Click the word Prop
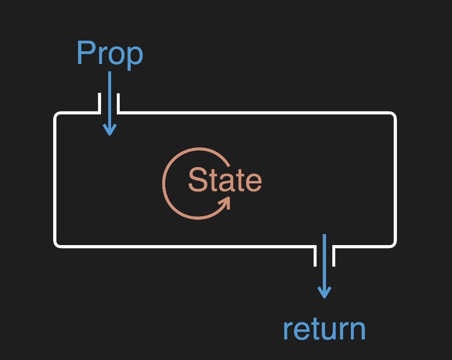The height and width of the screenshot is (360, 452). coord(110,54)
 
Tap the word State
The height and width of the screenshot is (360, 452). coord(225,180)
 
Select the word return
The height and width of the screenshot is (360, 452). coord(324,329)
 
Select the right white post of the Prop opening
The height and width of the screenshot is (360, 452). coord(118,102)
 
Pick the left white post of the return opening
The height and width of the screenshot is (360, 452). coord(316,256)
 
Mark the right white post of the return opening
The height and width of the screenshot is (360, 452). coord(333,256)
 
